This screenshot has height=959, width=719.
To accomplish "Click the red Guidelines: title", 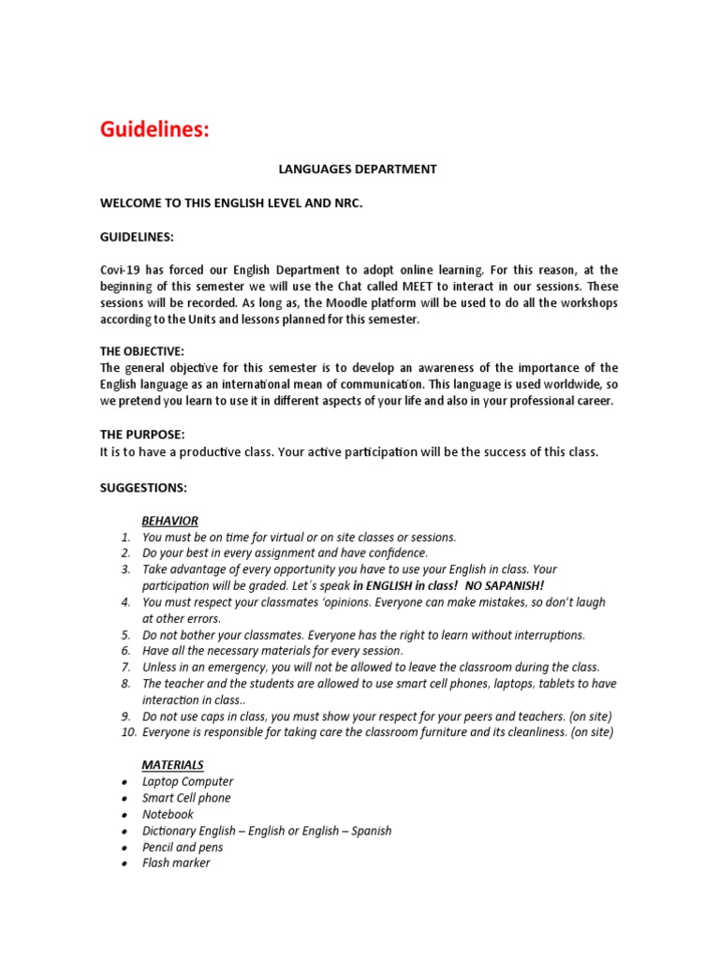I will [155, 130].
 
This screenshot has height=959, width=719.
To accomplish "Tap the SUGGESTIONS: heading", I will [143, 488].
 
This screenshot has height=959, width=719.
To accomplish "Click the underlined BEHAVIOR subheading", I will [169, 521].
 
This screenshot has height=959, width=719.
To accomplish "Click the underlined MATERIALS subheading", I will [172, 765].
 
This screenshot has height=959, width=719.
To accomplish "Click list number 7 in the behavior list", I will [125, 667].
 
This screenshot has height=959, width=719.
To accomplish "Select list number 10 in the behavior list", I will [123, 732].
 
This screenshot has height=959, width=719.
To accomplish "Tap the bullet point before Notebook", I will [125, 815].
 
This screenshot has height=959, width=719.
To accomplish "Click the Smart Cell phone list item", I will [186, 798].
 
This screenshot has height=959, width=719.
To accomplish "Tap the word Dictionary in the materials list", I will [169, 831].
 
